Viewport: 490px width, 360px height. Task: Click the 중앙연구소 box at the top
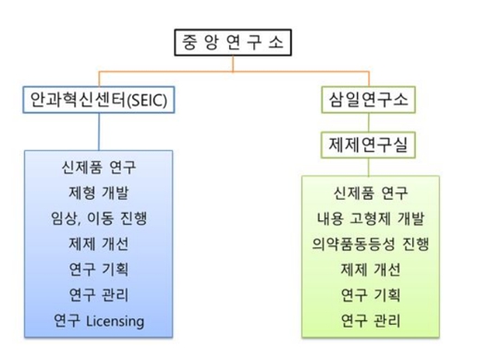[230, 43]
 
